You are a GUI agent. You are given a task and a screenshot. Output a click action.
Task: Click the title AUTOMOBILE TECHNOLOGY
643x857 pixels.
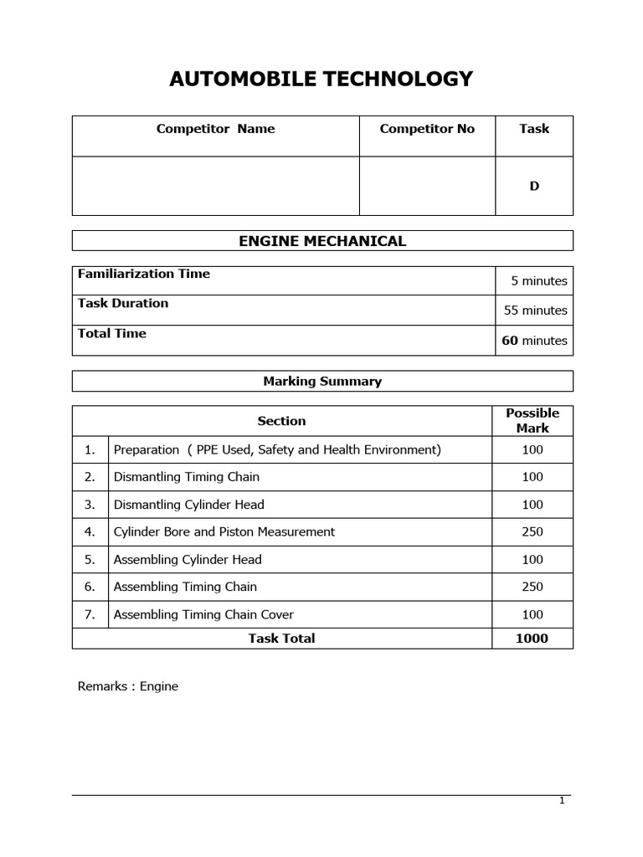(x=321, y=80)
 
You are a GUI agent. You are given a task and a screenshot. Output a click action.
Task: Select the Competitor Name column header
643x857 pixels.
(x=215, y=129)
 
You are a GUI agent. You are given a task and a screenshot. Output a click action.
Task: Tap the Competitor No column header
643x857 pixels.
(x=427, y=129)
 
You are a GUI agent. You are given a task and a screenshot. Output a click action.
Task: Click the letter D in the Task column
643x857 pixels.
(x=534, y=186)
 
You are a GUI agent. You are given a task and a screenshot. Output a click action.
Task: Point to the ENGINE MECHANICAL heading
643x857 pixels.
(x=322, y=241)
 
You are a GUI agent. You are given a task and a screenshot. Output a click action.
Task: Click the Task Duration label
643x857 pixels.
(x=123, y=303)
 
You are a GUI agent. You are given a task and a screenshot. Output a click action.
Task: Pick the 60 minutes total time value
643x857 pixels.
(x=534, y=341)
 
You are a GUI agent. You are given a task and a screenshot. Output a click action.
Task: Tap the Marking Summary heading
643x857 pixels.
(x=322, y=382)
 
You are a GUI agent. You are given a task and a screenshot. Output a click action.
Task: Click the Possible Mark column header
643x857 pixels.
(x=532, y=420)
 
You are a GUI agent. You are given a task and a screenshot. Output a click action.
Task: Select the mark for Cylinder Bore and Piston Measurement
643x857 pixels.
(x=532, y=531)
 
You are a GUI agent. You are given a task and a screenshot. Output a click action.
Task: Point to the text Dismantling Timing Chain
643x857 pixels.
(x=187, y=477)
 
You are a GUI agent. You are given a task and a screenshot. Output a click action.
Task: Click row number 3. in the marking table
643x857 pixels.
(x=90, y=505)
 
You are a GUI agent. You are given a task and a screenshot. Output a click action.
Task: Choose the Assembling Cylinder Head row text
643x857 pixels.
(x=188, y=560)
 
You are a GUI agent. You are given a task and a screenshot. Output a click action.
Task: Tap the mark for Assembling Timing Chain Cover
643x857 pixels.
(x=532, y=614)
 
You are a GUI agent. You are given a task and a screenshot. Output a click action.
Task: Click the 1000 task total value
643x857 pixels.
(x=532, y=639)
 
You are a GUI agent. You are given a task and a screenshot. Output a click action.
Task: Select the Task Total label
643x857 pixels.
(x=281, y=639)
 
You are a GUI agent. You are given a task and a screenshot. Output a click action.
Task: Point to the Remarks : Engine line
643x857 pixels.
(x=128, y=686)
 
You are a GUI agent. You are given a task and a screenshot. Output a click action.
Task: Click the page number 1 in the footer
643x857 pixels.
(x=562, y=801)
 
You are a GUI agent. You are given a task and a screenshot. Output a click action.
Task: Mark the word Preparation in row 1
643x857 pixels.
(x=147, y=449)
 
